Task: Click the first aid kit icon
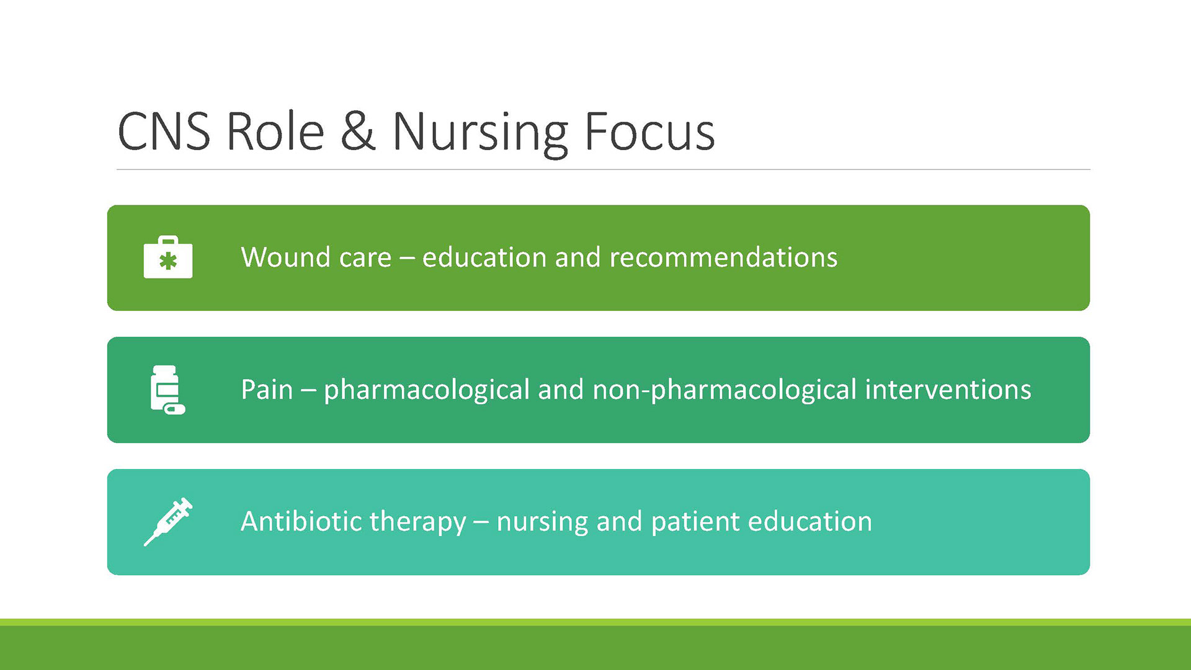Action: [x=168, y=257]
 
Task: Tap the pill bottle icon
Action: [x=167, y=390]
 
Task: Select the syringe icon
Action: [x=168, y=522]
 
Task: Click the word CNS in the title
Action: [x=164, y=132]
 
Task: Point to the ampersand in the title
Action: [x=358, y=132]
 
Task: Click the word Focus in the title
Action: [x=649, y=132]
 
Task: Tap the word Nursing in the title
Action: [x=480, y=134]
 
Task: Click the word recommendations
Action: [x=723, y=257]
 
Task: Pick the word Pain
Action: [x=267, y=390]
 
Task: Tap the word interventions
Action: [x=948, y=390]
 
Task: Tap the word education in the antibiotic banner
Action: [x=810, y=521]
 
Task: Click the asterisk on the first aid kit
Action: [x=168, y=261]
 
